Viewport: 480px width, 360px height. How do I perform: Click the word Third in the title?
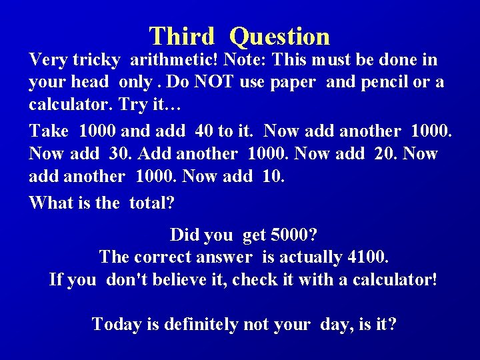[x=181, y=36]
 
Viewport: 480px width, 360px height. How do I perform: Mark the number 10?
[x=274, y=177]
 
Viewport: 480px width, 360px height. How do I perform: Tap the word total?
[x=156, y=203]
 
